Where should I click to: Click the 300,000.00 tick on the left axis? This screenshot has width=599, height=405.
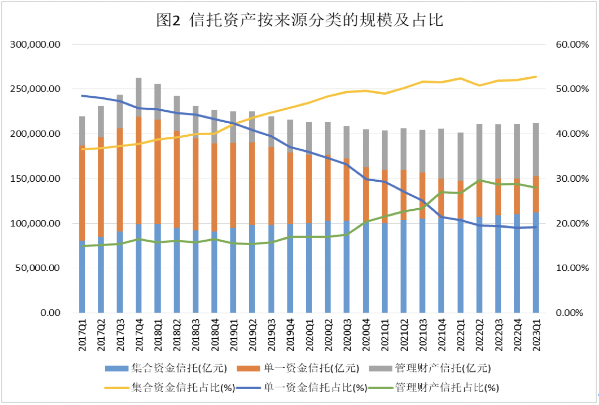pos(36,45)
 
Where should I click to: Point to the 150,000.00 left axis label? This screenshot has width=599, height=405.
pos(36,179)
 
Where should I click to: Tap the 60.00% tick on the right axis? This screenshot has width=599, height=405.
pos(573,45)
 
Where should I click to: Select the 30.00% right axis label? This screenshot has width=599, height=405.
pos(573,179)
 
